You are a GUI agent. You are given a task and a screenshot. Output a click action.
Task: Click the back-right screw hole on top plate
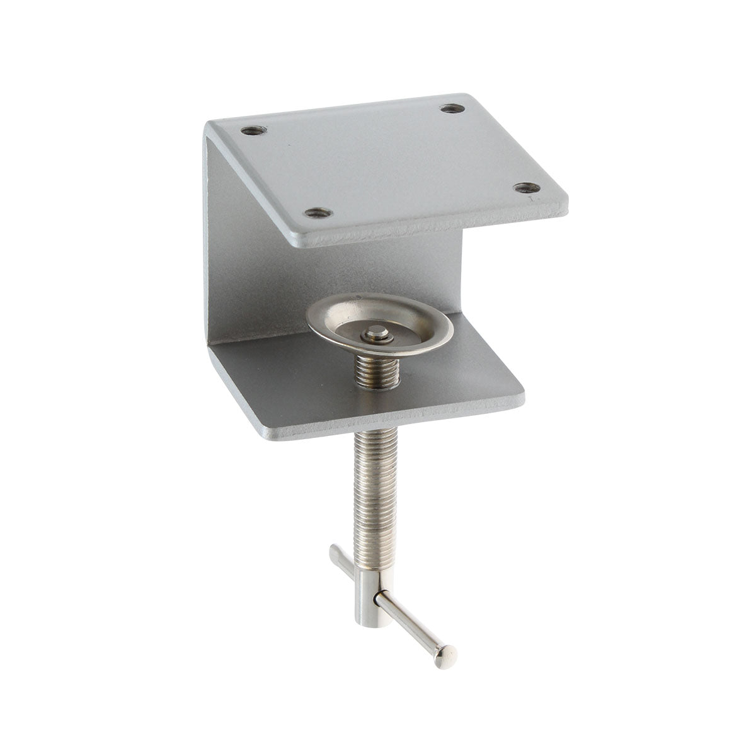point(449,109)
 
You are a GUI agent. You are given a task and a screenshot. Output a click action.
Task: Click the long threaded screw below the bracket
point(365,479)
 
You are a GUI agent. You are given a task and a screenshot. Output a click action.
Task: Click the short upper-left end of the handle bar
point(336,554)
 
